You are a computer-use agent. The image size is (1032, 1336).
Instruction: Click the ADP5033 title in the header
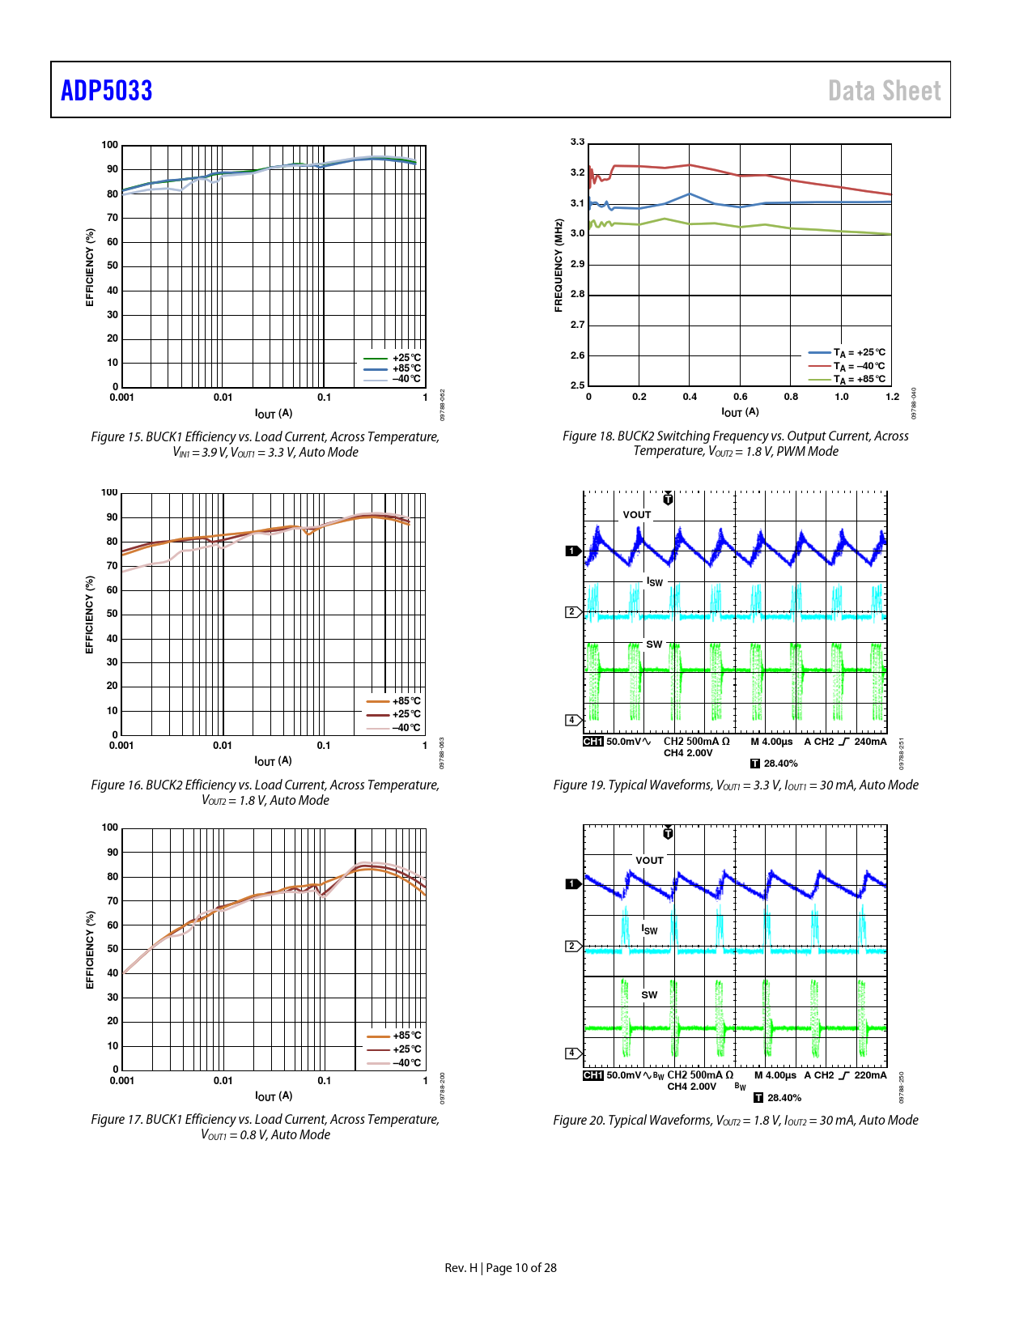(x=107, y=91)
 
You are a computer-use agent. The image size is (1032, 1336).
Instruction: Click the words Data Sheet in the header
(x=884, y=91)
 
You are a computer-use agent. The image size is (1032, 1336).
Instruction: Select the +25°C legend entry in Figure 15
(x=406, y=358)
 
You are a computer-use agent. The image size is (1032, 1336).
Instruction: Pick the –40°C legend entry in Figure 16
(x=406, y=727)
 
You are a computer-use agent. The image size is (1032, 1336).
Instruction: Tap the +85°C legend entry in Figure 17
(x=406, y=1036)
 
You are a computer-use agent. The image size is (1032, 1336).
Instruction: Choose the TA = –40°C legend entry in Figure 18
(x=858, y=366)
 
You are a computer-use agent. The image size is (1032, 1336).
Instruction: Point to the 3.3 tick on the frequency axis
(x=577, y=143)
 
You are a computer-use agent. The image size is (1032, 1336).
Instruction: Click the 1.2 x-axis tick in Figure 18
(x=892, y=397)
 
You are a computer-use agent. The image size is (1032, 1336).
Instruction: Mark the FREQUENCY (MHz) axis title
(x=558, y=266)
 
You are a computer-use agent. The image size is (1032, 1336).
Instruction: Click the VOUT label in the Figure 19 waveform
(x=637, y=515)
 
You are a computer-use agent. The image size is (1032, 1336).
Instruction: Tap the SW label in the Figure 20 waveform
(x=649, y=995)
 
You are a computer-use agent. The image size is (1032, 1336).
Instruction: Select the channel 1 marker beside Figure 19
(x=572, y=551)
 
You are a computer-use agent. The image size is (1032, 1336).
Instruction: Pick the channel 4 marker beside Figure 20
(x=572, y=1053)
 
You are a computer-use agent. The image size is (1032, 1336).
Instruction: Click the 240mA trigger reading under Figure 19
(x=870, y=742)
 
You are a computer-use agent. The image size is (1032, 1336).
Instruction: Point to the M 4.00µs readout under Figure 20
(x=775, y=1075)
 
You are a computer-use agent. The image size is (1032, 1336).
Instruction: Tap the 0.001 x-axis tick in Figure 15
(x=122, y=398)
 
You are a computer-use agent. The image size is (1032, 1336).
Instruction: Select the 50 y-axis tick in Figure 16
(x=113, y=614)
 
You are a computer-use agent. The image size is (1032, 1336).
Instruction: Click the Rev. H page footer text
(x=500, y=1268)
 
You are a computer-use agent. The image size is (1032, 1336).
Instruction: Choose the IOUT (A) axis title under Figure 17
(x=274, y=1096)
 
